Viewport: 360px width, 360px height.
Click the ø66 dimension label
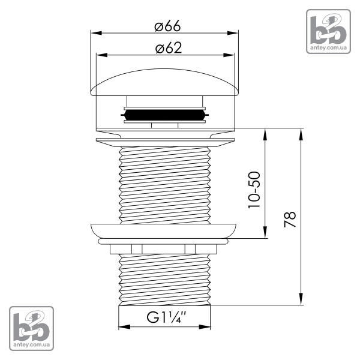[167, 26]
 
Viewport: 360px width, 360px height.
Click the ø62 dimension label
[167, 48]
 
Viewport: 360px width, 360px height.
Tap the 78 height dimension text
[291, 219]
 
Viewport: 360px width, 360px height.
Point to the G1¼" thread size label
[166, 318]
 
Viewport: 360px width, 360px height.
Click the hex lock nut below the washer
[166, 248]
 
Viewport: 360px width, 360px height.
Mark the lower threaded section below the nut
[166, 279]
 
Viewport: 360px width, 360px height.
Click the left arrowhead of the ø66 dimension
[94, 33]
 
